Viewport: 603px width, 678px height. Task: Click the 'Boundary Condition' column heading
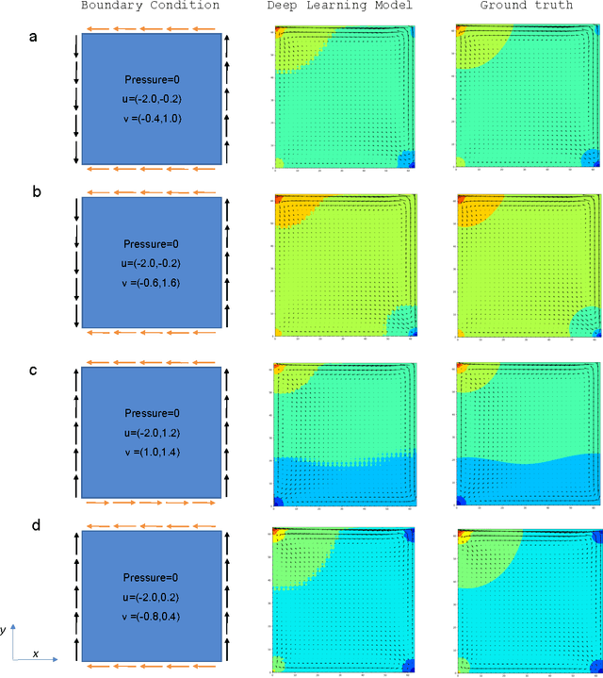[151, 6]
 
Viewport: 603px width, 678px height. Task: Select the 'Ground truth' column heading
[526, 6]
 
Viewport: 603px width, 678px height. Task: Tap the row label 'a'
[34, 39]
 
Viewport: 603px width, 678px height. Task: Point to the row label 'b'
[36, 191]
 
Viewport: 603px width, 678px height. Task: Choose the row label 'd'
[36, 525]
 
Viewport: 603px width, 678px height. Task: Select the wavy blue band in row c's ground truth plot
[528, 476]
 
